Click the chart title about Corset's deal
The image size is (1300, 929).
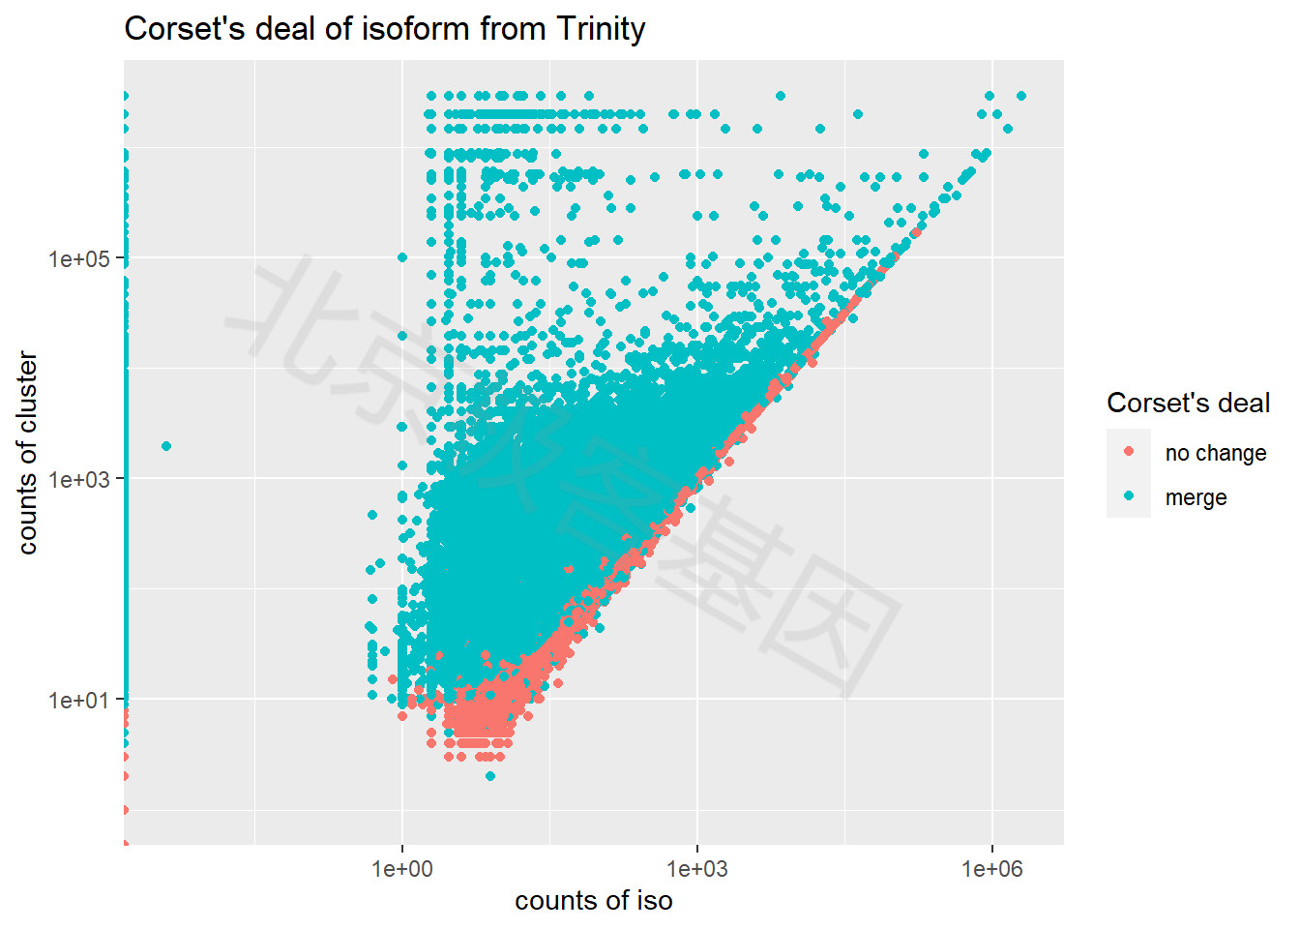click(x=384, y=29)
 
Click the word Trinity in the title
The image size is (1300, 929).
click(x=601, y=29)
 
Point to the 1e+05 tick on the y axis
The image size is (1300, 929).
click(x=79, y=258)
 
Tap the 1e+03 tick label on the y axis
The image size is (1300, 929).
click(x=79, y=479)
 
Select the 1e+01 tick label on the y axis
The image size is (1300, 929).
click(x=79, y=700)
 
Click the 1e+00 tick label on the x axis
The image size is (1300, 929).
click(x=402, y=868)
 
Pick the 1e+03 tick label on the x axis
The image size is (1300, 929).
click(x=696, y=868)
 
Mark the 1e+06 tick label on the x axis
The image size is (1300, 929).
click(x=991, y=868)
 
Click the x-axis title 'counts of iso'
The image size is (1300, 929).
click(x=593, y=901)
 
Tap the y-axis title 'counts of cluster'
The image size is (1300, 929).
click(x=27, y=453)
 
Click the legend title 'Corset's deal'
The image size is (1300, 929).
click(x=1188, y=403)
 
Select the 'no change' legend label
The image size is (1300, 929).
click(x=1215, y=453)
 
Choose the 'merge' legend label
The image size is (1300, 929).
click(x=1196, y=497)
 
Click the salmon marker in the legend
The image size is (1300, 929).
click(x=1129, y=452)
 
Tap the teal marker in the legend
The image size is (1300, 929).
click(x=1129, y=496)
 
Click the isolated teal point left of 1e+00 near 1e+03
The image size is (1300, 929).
click(x=166, y=446)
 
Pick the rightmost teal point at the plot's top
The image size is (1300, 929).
click(x=1021, y=96)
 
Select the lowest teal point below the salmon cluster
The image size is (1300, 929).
click(x=490, y=776)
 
